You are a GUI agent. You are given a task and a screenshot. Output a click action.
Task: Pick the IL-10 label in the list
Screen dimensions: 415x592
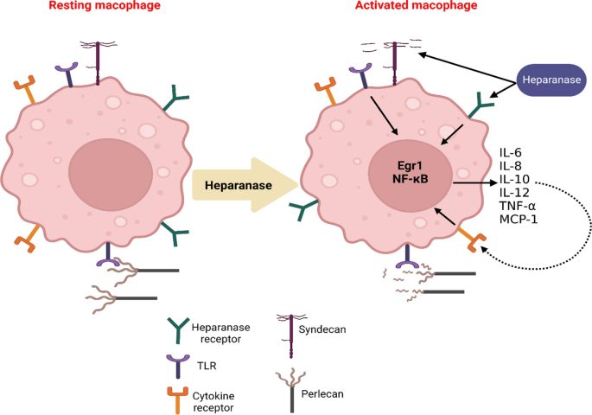515,181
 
